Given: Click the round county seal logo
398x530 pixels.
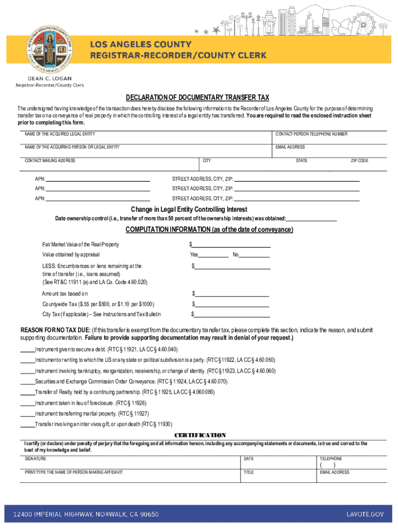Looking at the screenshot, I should (x=50, y=49).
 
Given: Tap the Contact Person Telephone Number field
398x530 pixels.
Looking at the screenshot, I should (x=329, y=138).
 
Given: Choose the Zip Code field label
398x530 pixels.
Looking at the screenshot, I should (x=359, y=161).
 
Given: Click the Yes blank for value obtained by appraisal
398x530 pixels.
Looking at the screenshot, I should (x=213, y=255).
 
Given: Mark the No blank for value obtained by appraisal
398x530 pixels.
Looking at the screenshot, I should (x=254, y=255).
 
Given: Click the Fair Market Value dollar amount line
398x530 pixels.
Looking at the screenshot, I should (x=231, y=244).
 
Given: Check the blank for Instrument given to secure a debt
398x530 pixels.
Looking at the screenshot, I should (x=27, y=349).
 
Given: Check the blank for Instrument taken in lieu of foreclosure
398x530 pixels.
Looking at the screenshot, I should (x=27, y=403).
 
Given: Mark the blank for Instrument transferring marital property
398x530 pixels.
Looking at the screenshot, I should (x=27, y=414).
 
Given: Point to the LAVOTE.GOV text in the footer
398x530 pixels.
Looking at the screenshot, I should (x=365, y=514).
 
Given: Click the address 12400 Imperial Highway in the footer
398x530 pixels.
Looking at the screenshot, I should (x=82, y=514).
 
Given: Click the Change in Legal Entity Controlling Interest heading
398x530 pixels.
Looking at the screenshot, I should (x=189, y=210).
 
